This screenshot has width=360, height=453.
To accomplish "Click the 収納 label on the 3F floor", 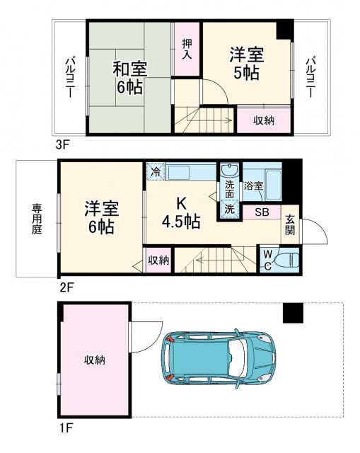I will point(265,120).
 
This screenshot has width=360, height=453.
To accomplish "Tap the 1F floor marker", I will point(65,428).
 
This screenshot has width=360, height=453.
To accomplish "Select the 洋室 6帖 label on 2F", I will point(100,218).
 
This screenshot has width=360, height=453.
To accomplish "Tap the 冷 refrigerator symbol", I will point(155,171).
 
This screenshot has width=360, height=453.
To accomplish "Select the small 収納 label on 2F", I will point(158,260).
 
